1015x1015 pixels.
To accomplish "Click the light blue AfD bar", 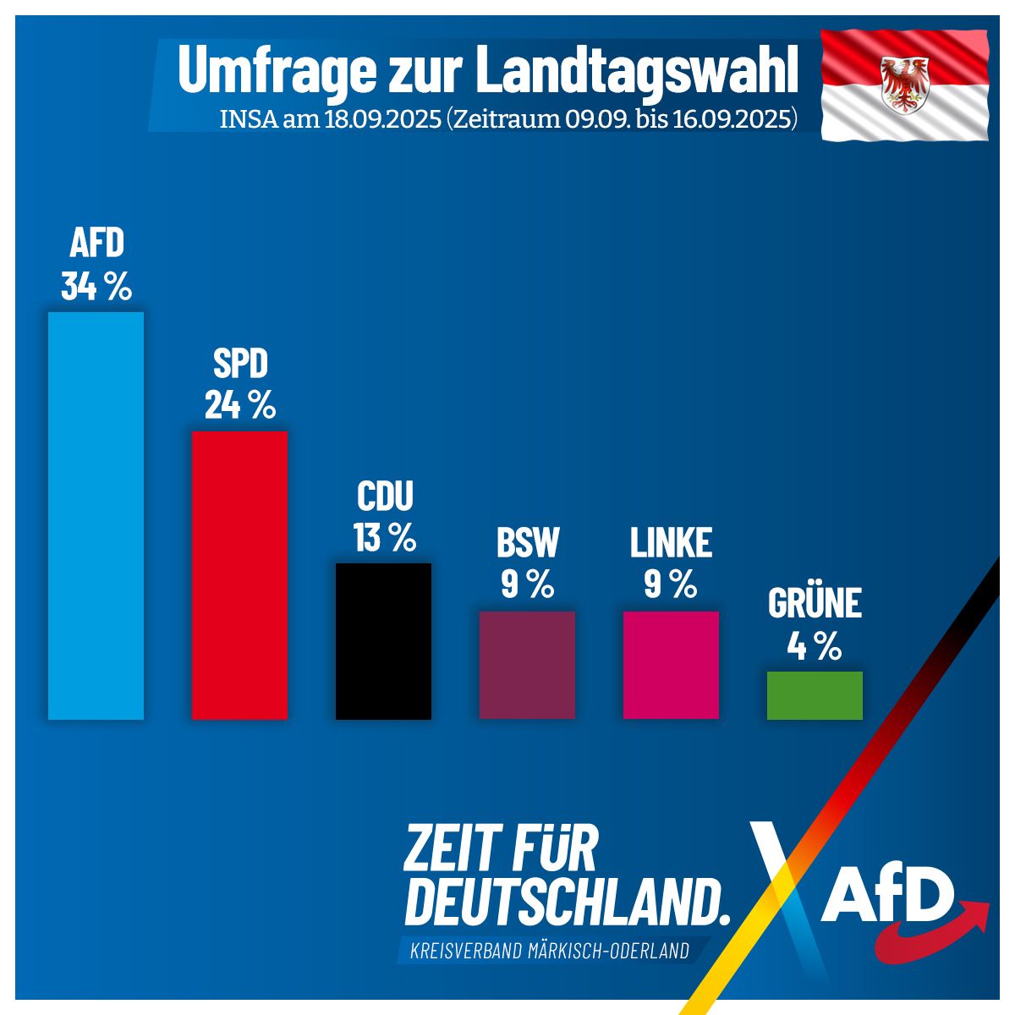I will pyautogui.click(x=96, y=516).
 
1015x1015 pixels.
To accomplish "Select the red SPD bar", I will pyautogui.click(x=239, y=575).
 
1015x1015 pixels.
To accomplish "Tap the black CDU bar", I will pyautogui.click(x=383, y=641).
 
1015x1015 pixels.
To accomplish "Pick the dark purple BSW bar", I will pyautogui.click(x=527, y=665).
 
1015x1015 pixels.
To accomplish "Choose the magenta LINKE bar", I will pyautogui.click(x=671, y=665).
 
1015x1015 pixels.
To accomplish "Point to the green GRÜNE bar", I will pyautogui.click(x=815, y=695).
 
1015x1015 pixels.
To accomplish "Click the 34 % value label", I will pyautogui.click(x=96, y=287).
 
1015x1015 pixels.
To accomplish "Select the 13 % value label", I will pyautogui.click(x=385, y=538).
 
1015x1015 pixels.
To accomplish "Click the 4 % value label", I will pyautogui.click(x=815, y=647).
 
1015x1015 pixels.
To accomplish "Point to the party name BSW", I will pyautogui.click(x=528, y=543).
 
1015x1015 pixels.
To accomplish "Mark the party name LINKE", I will pyautogui.click(x=671, y=543).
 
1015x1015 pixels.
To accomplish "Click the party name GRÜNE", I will pyautogui.click(x=815, y=603).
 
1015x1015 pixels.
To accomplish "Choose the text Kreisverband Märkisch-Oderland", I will pyautogui.click(x=549, y=951).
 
